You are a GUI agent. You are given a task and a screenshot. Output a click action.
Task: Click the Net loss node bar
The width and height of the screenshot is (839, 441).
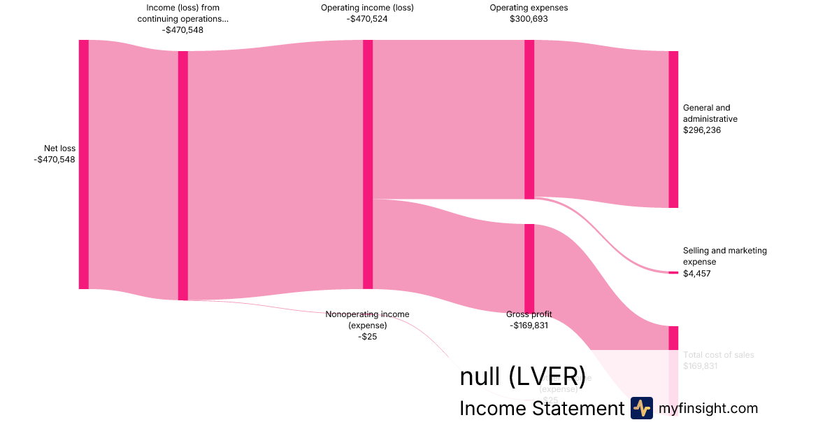(84, 164)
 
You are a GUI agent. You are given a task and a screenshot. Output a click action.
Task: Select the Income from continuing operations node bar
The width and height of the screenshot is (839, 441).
(183, 175)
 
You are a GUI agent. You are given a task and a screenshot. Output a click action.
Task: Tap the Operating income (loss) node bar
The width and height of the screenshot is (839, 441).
(368, 164)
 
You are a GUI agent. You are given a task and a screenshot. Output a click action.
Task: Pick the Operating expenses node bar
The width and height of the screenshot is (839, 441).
(529, 119)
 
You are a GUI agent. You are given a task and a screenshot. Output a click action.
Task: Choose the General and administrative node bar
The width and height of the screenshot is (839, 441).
(673, 129)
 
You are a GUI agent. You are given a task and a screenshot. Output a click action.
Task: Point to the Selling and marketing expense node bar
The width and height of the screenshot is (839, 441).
(673, 272)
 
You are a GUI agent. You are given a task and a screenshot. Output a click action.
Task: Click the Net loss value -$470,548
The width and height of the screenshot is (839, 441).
(55, 160)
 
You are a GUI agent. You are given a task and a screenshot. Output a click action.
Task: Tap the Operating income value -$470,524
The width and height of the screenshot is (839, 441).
(367, 19)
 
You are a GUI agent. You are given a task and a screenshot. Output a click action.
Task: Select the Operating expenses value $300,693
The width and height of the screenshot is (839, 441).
(529, 19)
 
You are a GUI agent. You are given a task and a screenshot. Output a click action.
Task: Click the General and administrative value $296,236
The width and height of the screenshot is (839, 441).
(702, 130)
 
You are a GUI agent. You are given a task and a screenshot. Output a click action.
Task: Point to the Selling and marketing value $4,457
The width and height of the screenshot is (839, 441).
(697, 274)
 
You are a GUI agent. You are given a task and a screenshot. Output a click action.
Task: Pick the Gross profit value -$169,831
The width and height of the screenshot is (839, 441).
(529, 325)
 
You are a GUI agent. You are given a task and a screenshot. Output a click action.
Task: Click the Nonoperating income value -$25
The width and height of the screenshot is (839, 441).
(367, 337)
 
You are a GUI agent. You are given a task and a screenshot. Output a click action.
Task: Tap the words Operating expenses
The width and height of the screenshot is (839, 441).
(529, 8)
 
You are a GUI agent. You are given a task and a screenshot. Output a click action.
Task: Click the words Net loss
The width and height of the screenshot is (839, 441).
(59, 148)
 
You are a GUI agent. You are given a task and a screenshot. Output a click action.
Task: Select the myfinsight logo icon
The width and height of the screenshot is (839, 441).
(641, 408)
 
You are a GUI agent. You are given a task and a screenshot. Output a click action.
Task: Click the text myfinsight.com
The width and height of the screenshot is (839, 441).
(708, 408)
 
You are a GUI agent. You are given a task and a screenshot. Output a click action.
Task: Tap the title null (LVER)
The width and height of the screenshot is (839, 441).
(522, 377)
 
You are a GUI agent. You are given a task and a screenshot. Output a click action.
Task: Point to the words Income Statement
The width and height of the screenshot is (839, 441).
(541, 408)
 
